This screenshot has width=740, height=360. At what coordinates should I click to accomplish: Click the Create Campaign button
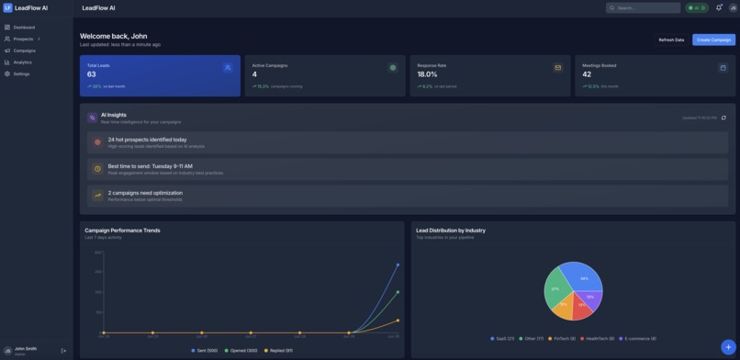click(713, 39)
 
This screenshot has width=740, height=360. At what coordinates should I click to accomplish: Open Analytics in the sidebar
click(22, 62)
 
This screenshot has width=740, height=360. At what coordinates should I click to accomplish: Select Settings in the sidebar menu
click(21, 73)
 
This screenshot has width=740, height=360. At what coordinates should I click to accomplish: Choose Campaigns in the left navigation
click(24, 51)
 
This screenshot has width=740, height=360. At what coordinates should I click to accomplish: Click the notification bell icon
click(719, 7)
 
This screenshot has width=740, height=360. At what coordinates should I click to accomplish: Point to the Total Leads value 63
click(92, 74)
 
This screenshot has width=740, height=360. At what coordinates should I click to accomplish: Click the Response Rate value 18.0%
click(427, 74)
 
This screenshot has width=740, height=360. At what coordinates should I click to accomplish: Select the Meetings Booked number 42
click(587, 74)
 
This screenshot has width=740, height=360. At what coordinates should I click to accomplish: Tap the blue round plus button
click(727, 347)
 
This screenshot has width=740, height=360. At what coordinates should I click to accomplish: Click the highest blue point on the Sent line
click(398, 264)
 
